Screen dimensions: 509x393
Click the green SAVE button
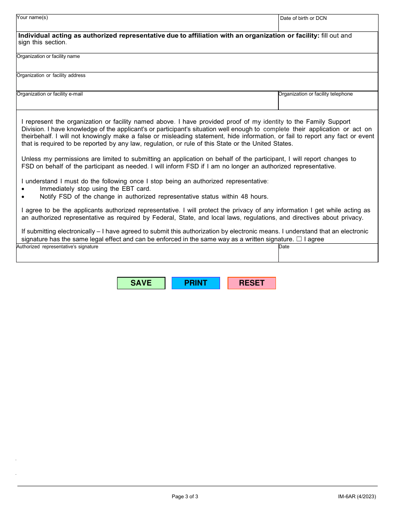[x=141, y=283]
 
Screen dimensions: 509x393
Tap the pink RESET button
[x=252, y=283]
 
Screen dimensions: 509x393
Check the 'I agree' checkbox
[x=299, y=239]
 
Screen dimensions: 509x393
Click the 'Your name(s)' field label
[x=32, y=17]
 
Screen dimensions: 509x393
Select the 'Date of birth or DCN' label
[x=303, y=18]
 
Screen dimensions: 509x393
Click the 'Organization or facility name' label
[x=48, y=56]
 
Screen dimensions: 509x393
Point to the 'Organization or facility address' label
[x=51, y=75]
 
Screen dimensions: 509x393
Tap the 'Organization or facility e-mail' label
[x=50, y=94]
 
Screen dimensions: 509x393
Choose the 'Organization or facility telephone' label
[x=316, y=94]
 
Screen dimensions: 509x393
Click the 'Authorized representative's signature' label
[x=57, y=247]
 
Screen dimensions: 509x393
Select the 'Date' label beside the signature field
[x=284, y=247]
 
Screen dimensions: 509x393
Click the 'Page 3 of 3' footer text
[x=185, y=497]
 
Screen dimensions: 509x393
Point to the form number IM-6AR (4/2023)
[x=357, y=497]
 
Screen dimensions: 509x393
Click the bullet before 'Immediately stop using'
[x=23, y=189]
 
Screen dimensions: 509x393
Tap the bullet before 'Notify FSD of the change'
[x=23, y=197]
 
